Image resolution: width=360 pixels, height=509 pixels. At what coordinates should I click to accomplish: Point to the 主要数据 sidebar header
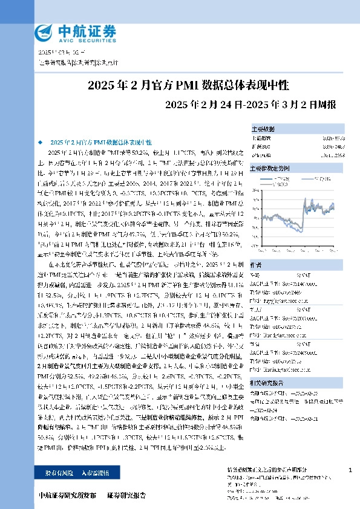click(x=263, y=129)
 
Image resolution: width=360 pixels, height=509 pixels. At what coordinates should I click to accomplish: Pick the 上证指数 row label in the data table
click(x=261, y=138)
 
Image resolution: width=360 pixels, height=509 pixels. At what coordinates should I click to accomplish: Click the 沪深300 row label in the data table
click(x=260, y=146)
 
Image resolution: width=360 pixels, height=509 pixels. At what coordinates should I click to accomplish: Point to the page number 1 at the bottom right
click(x=351, y=470)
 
